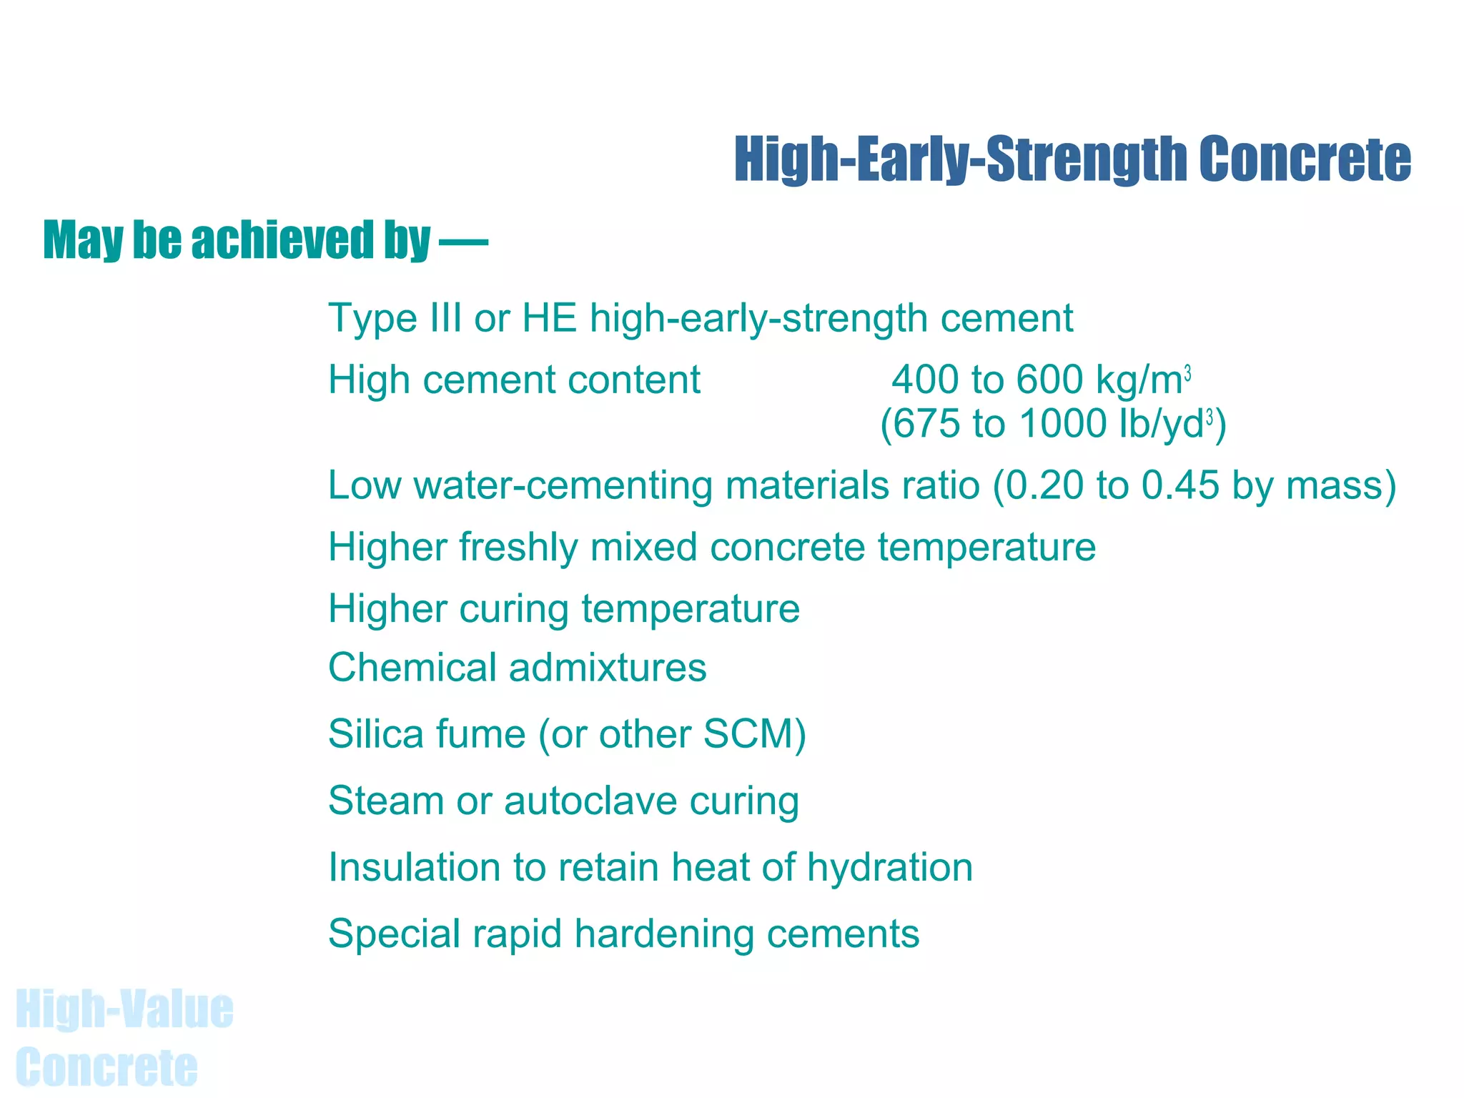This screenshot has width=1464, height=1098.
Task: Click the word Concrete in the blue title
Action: tap(1305, 159)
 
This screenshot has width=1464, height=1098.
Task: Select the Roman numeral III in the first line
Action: tap(445, 317)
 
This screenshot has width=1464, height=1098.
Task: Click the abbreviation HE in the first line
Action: tap(550, 317)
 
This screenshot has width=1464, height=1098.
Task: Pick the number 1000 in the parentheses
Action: tap(1064, 423)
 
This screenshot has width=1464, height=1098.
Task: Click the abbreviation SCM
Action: tap(747, 734)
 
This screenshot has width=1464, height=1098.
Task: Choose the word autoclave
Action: tap(590, 801)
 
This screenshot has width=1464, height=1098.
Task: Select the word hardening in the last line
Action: tap(664, 934)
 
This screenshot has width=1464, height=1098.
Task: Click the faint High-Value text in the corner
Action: tap(124, 1009)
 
